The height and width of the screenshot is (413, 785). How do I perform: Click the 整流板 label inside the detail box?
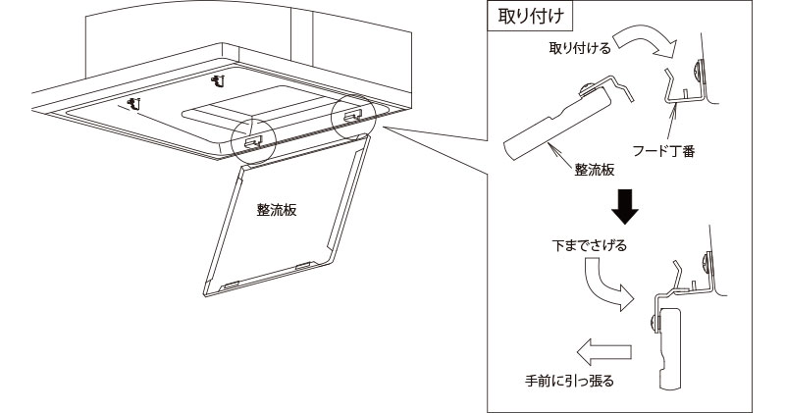[595, 170]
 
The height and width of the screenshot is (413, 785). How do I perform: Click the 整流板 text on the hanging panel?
[277, 210]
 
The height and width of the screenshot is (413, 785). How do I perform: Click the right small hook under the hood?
[218, 75]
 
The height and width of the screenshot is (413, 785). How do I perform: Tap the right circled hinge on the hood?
[350, 114]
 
